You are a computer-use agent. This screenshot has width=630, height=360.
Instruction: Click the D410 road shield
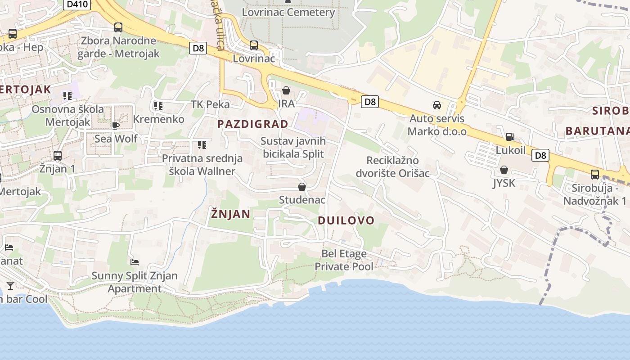(x=78, y=4)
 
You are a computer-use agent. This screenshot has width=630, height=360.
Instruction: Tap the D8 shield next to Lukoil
(x=540, y=156)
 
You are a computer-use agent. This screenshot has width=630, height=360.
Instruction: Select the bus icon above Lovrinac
(x=254, y=45)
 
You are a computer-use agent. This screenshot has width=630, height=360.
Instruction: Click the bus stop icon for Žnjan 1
(x=58, y=156)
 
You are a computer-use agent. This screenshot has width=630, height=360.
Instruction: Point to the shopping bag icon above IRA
(x=286, y=91)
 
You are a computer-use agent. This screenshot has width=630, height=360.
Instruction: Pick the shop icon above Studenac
(x=302, y=187)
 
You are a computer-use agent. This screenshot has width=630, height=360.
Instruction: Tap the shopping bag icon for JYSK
(x=504, y=170)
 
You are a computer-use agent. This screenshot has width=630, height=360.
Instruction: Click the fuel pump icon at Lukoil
(x=510, y=137)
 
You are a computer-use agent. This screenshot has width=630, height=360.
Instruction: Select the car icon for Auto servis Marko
(x=436, y=105)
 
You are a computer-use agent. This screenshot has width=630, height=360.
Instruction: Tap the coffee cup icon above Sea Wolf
(x=115, y=126)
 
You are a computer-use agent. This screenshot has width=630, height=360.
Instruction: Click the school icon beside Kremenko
(x=158, y=106)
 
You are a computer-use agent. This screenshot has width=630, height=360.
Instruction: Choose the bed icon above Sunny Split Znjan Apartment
(x=134, y=262)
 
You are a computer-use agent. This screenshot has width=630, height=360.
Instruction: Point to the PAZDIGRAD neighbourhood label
(x=253, y=124)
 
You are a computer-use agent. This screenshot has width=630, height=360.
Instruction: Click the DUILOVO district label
(x=346, y=220)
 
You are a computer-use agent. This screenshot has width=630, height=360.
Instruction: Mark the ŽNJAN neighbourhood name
(x=230, y=214)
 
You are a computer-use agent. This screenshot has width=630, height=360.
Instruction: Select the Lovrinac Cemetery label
(x=288, y=12)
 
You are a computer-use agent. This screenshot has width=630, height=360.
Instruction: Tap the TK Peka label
(x=210, y=104)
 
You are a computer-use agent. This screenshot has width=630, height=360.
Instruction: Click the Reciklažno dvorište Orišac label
(x=392, y=167)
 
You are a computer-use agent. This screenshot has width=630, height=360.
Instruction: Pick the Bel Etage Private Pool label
(x=344, y=260)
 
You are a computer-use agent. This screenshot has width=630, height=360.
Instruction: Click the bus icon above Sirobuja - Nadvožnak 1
(x=595, y=175)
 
